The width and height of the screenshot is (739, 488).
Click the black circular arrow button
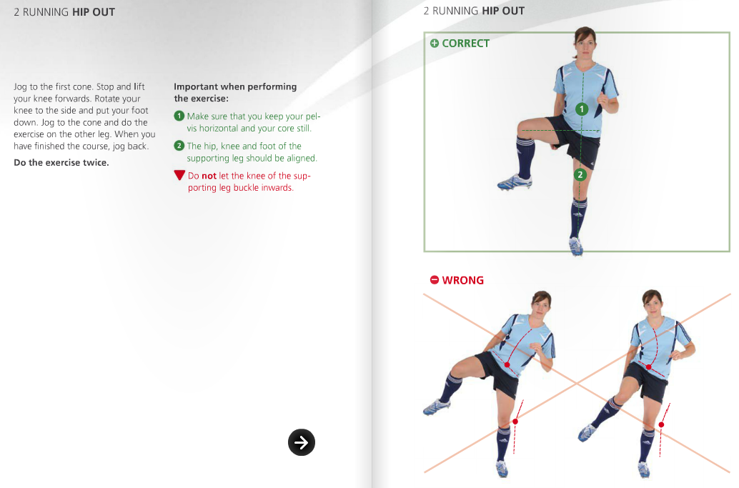(302, 443)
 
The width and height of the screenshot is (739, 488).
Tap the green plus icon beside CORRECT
(434, 44)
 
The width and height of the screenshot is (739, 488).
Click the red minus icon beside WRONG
(434, 280)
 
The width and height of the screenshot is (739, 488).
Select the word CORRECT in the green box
(465, 44)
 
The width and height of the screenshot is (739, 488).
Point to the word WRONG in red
(462, 280)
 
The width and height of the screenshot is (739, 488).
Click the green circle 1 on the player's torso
(582, 109)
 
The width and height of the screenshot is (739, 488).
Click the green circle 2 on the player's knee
(580, 174)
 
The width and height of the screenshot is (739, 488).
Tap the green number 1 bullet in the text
(179, 116)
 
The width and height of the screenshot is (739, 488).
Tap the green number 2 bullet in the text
(179, 146)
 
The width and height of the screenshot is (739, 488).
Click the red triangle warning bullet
(179, 176)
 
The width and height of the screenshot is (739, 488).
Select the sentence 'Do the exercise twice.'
(61, 162)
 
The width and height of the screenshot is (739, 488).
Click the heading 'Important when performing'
(235, 86)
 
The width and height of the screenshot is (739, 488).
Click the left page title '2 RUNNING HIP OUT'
(64, 11)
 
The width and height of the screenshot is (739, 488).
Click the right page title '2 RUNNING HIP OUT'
(474, 11)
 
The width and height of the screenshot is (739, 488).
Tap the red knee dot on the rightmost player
(661, 424)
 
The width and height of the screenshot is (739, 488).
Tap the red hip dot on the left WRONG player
(507, 365)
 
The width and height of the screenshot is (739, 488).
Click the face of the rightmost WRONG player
(652, 303)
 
